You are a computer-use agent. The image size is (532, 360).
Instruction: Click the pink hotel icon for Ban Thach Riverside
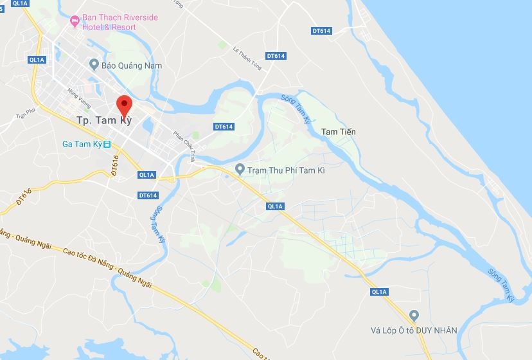75,21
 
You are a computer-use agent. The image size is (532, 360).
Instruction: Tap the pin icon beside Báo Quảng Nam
94,65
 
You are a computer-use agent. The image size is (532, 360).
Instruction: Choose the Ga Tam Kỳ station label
82,144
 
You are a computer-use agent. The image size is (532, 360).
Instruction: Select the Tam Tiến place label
338,132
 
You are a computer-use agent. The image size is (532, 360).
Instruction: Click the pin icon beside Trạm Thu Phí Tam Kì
240,170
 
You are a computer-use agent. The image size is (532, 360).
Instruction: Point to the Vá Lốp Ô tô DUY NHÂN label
414,330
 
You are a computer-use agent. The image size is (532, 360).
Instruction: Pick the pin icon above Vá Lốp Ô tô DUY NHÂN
414,316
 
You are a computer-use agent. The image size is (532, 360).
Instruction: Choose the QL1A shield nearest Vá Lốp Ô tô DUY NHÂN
379,292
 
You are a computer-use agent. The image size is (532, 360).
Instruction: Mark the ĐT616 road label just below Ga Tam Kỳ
116,166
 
